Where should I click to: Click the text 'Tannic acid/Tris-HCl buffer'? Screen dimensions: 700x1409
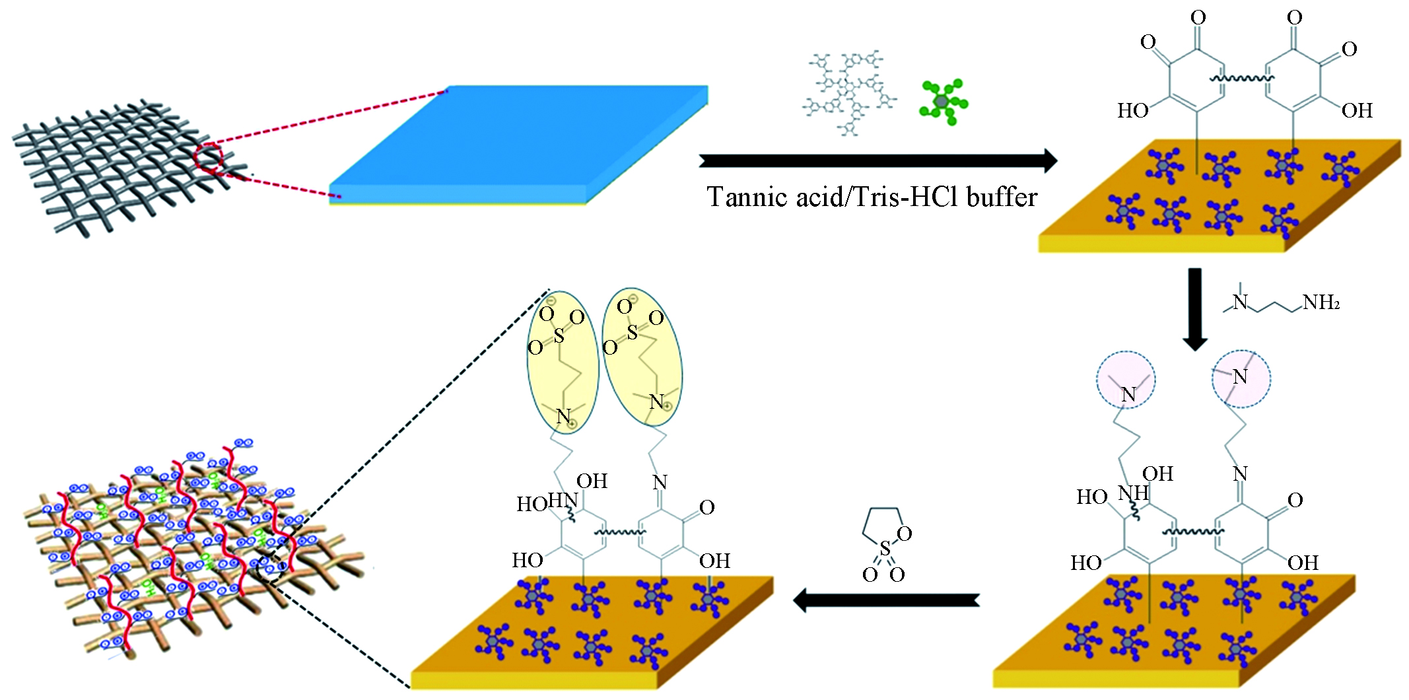(x=872, y=197)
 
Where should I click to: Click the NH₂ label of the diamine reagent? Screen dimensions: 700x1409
(x=1321, y=303)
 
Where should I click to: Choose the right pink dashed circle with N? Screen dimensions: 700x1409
(x=1241, y=378)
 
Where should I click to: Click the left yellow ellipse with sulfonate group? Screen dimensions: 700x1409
(x=563, y=362)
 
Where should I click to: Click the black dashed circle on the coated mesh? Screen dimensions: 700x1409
(x=273, y=567)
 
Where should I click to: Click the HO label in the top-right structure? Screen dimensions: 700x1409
(x=1132, y=111)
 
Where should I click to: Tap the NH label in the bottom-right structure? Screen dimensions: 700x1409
(x=1133, y=493)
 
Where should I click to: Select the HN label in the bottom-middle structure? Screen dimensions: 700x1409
(x=563, y=501)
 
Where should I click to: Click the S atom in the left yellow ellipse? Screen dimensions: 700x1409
(x=559, y=336)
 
